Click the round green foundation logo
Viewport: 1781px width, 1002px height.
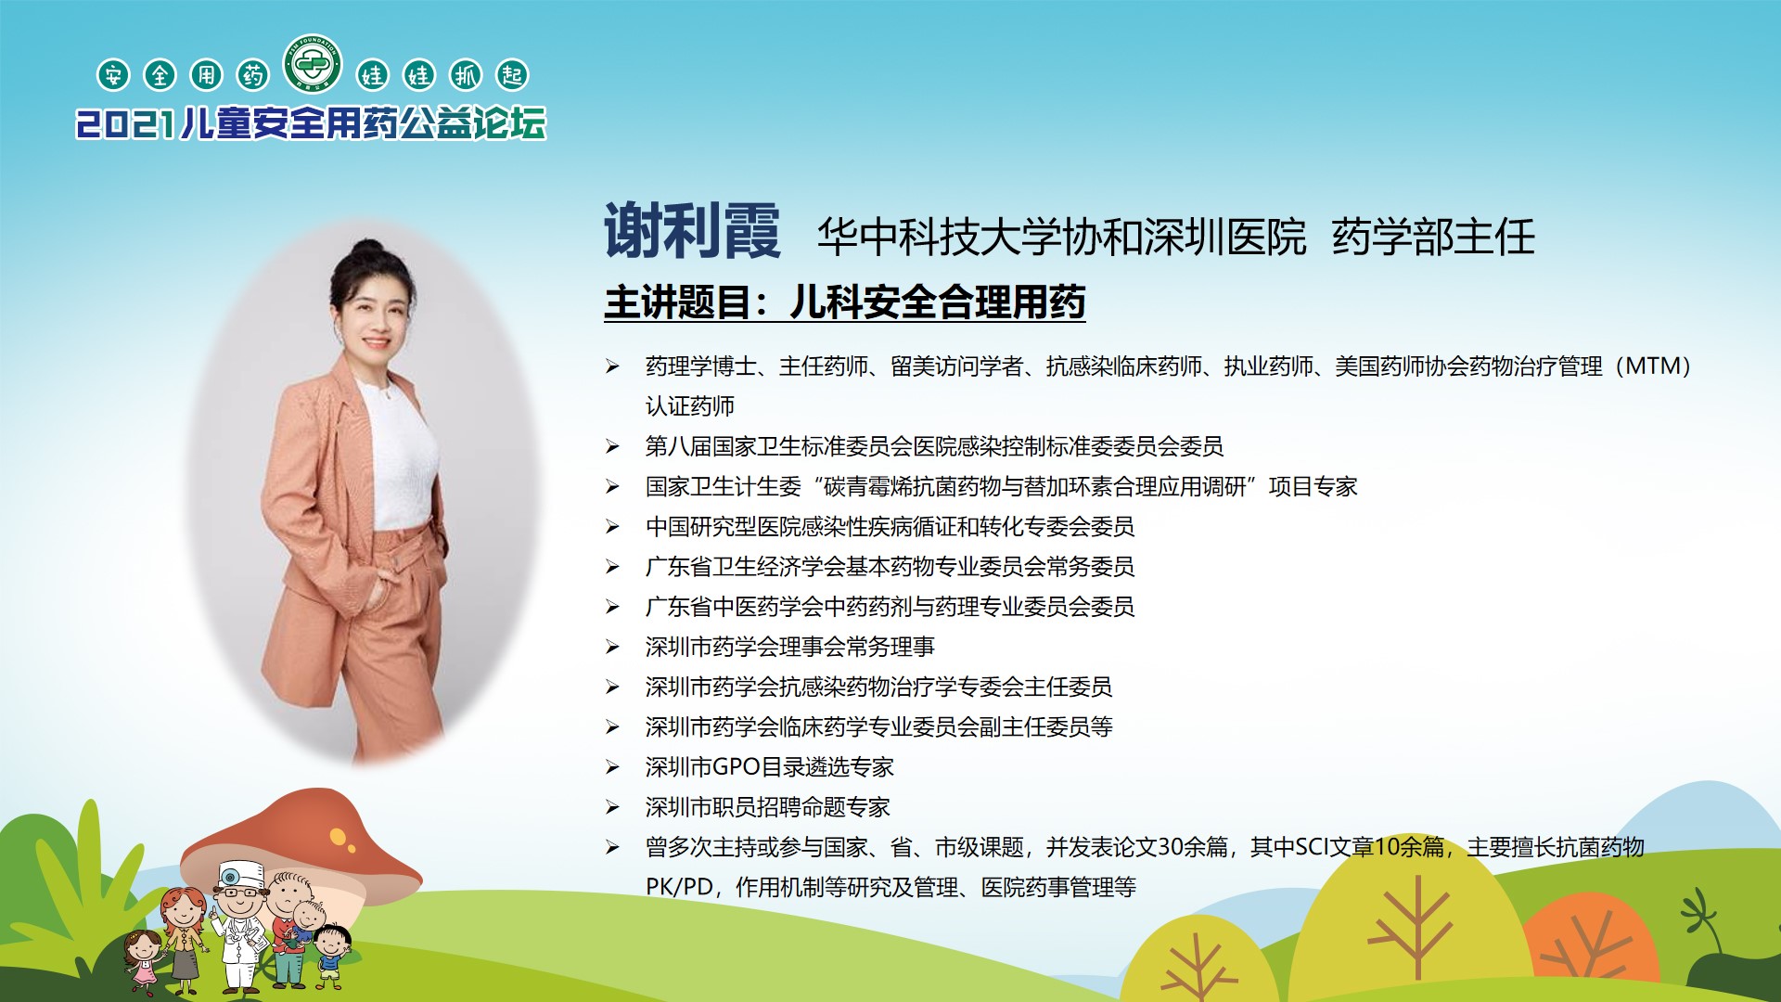tap(313, 63)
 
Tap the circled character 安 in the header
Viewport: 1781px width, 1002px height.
tap(113, 75)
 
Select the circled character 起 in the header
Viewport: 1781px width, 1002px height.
tap(512, 75)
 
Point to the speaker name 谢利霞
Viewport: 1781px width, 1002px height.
tap(692, 231)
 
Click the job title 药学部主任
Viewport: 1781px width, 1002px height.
tap(1434, 237)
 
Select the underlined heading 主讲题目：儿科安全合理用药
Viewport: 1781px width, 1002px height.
tap(845, 302)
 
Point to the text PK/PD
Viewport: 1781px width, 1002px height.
tap(678, 887)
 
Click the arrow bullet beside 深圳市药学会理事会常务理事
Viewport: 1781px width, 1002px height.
tap(612, 647)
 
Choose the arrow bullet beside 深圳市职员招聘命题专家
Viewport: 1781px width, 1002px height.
tap(612, 807)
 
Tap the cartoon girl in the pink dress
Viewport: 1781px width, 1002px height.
tap(143, 960)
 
